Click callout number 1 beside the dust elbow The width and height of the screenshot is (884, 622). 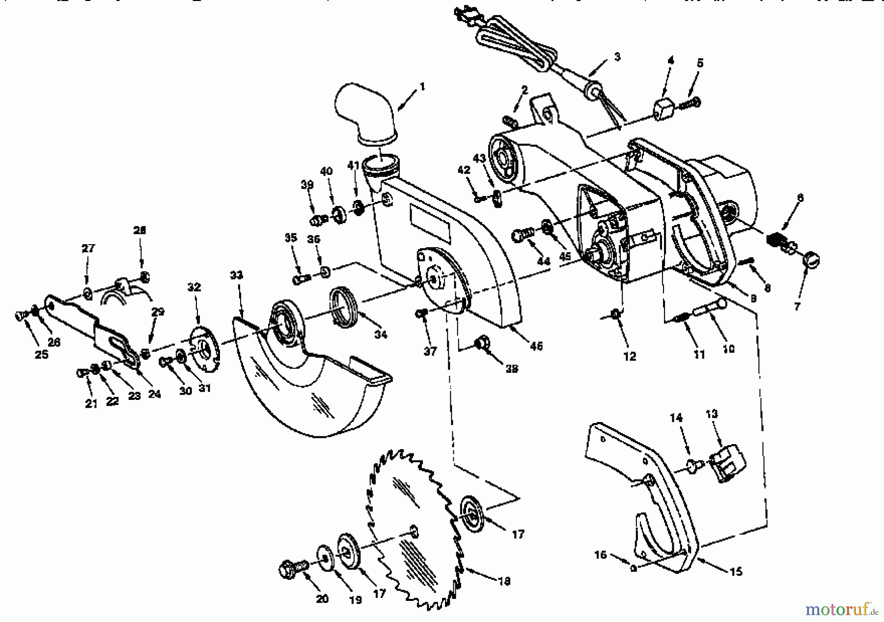pos(422,87)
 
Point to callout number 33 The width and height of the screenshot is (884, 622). pos(236,275)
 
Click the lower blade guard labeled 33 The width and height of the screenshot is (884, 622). pos(304,388)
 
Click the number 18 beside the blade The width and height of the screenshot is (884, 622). pos(504,581)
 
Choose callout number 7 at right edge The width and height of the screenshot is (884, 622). pos(797,307)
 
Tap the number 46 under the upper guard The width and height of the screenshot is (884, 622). pos(536,346)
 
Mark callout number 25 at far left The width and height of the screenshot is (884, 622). pos(41,354)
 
